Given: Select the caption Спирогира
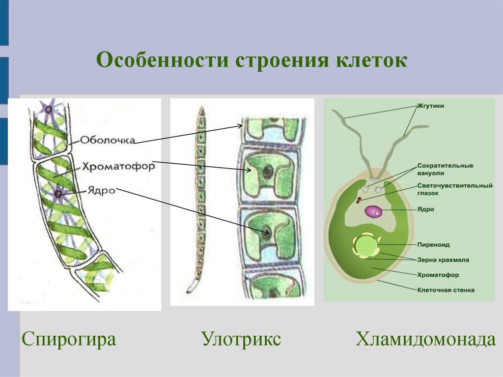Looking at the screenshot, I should click(69, 339).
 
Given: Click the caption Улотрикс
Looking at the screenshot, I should click(241, 339).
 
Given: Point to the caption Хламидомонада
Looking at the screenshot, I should click(425, 339).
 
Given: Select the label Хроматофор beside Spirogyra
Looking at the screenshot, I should click(118, 167).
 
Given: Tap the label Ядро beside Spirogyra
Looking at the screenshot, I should click(102, 190).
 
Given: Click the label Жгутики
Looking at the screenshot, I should click(432, 105).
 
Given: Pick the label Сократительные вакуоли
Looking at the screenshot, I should click(445, 169).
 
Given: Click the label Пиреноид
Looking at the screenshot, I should click(433, 244).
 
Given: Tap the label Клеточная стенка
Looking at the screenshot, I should click(446, 290).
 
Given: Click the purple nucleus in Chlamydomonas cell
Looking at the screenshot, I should click(373, 212).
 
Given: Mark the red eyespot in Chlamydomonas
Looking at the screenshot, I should click(359, 200).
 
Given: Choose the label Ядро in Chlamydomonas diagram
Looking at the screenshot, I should click(427, 209).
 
